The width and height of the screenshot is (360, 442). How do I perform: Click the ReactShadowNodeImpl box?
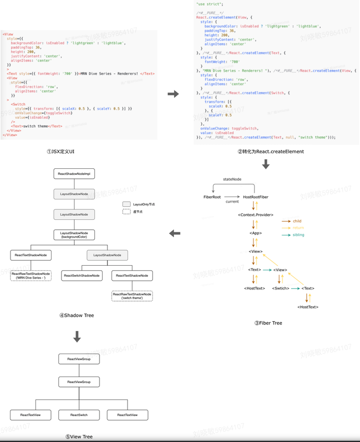pos(74,174)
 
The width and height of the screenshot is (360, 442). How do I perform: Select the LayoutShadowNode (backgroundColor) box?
pos(74,235)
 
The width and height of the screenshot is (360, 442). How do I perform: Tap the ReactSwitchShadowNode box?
pos(81,276)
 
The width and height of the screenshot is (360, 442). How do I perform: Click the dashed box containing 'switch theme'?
pos(132,296)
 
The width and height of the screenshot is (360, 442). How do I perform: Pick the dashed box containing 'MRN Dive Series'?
pos(31,276)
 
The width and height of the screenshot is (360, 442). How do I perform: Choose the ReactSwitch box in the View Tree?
pos(79,415)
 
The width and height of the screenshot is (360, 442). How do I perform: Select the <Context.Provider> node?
pos(255,215)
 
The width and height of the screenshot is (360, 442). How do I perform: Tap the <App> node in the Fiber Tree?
pos(255,233)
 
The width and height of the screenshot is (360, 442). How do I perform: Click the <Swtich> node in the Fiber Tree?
pos(281,288)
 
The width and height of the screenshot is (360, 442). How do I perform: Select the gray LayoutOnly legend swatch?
pos(126,204)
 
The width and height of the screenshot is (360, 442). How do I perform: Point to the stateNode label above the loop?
pos(232,178)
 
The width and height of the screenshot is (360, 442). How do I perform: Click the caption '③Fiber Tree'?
pos(268,323)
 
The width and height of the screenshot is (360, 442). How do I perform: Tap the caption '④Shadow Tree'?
pos(76,315)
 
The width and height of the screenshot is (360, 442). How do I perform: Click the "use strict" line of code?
pos(206,3)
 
